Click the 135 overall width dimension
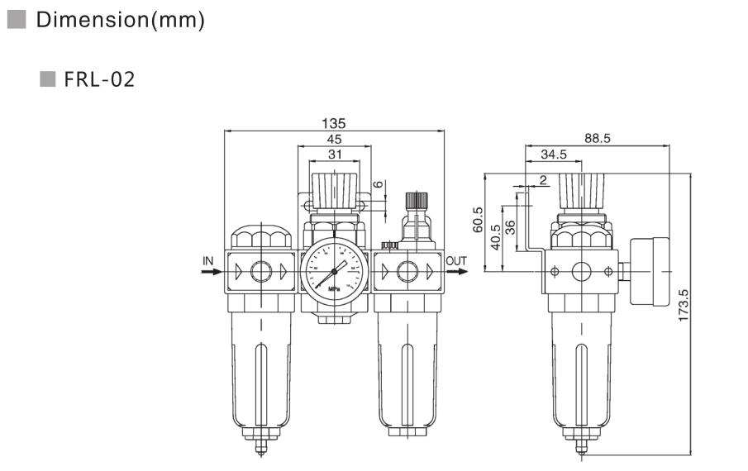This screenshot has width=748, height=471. click(334, 123)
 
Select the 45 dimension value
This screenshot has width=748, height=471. click(334, 139)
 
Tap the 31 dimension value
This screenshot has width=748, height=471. click(334, 154)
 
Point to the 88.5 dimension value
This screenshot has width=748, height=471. click(597, 139)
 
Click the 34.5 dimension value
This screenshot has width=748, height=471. click(554, 154)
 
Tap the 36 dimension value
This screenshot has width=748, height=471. click(511, 227)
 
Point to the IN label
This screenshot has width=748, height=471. click(208, 261)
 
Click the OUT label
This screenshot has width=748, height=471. click(456, 261)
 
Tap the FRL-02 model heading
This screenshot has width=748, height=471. click(98, 80)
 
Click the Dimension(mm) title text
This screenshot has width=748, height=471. click(120, 21)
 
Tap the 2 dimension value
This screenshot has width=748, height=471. click(542, 179)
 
